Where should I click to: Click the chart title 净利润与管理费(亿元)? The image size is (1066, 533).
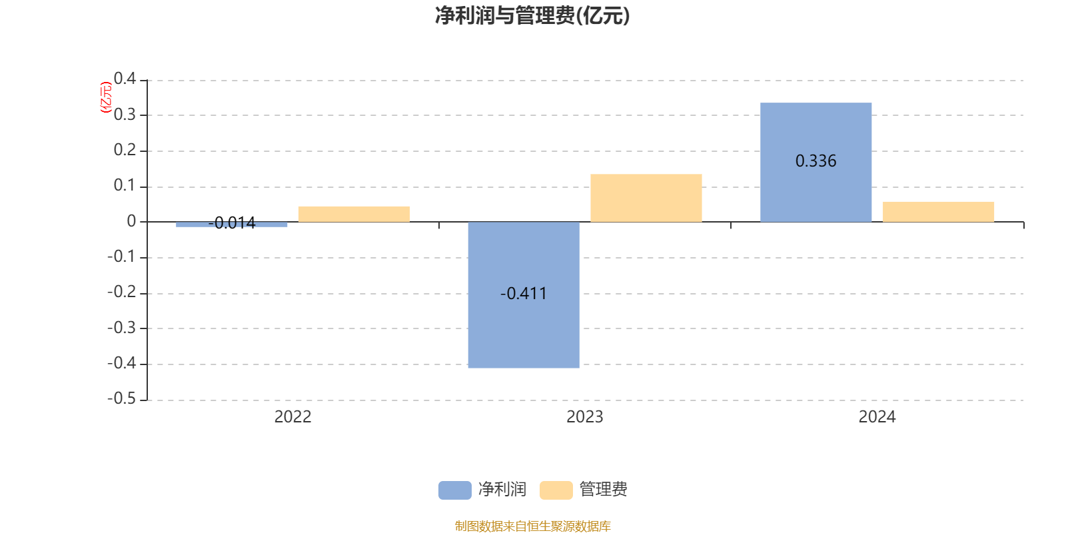tap(532, 16)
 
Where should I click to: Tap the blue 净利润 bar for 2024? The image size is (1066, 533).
tap(815, 193)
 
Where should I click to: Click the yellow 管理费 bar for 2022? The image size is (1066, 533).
tap(354, 213)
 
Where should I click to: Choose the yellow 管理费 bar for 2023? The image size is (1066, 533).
tap(646, 198)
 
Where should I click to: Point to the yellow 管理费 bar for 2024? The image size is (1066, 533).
tap(938, 211)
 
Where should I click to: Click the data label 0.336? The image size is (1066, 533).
tap(815, 161)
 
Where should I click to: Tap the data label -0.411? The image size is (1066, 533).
tap(524, 294)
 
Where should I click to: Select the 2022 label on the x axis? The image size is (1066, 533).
tap(292, 417)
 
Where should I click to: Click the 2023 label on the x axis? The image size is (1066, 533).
tap(584, 417)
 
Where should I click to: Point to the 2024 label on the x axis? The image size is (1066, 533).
tap(877, 417)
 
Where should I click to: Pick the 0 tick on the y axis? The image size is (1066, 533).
tap(131, 221)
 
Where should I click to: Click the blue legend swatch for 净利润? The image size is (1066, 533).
tap(454, 490)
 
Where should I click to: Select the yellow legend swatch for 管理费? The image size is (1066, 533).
tap(556, 490)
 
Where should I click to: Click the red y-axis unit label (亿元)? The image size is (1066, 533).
tap(105, 97)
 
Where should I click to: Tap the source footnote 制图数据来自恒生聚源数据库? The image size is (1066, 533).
tap(532, 526)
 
